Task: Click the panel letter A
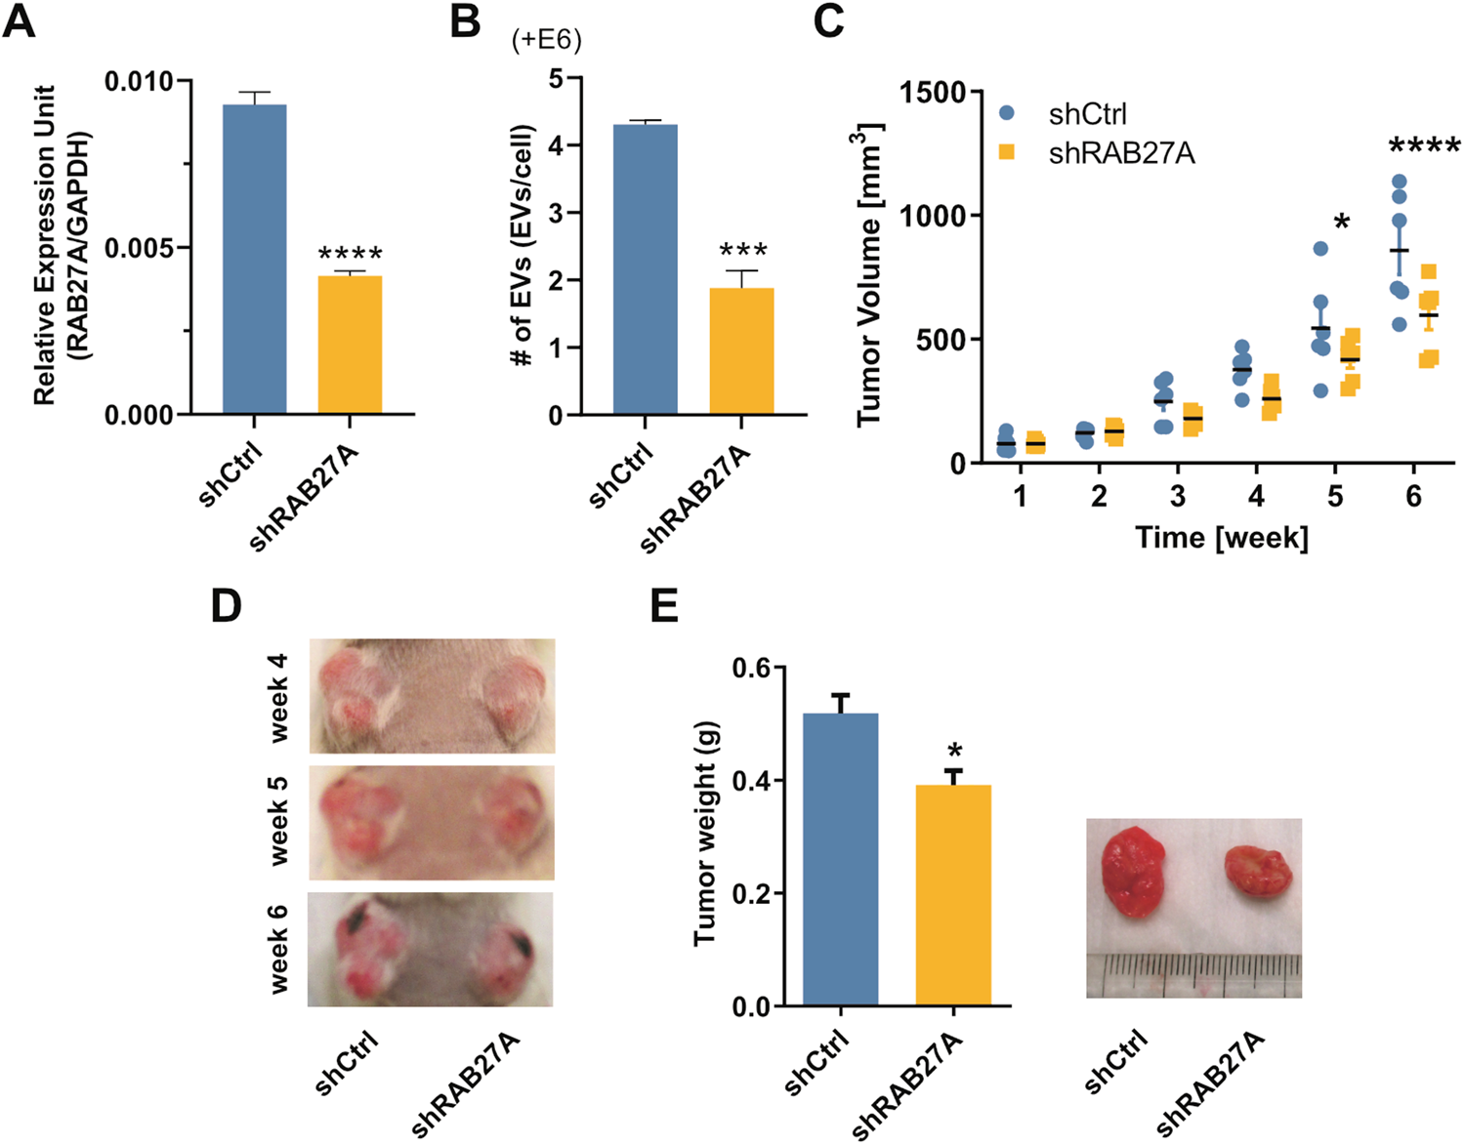pyautogui.click(x=20, y=21)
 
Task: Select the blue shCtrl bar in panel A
pyautogui.click(x=254, y=259)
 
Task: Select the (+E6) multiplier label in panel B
pyautogui.click(x=546, y=40)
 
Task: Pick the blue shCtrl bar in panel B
pyautogui.click(x=645, y=269)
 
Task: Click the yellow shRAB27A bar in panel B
pyautogui.click(x=741, y=350)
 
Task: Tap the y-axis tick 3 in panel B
pyautogui.click(x=556, y=213)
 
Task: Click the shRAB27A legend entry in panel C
pyautogui.click(x=1120, y=153)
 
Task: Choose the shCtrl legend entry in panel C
pyautogui.click(x=1086, y=114)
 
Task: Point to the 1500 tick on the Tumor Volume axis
pyautogui.click(x=933, y=93)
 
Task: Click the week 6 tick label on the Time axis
pyautogui.click(x=1413, y=496)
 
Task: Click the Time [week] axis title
pyautogui.click(x=1221, y=537)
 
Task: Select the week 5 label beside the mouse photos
pyautogui.click(x=278, y=821)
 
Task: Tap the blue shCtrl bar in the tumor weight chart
pyautogui.click(x=840, y=859)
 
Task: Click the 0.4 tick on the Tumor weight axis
pyautogui.click(x=751, y=780)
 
